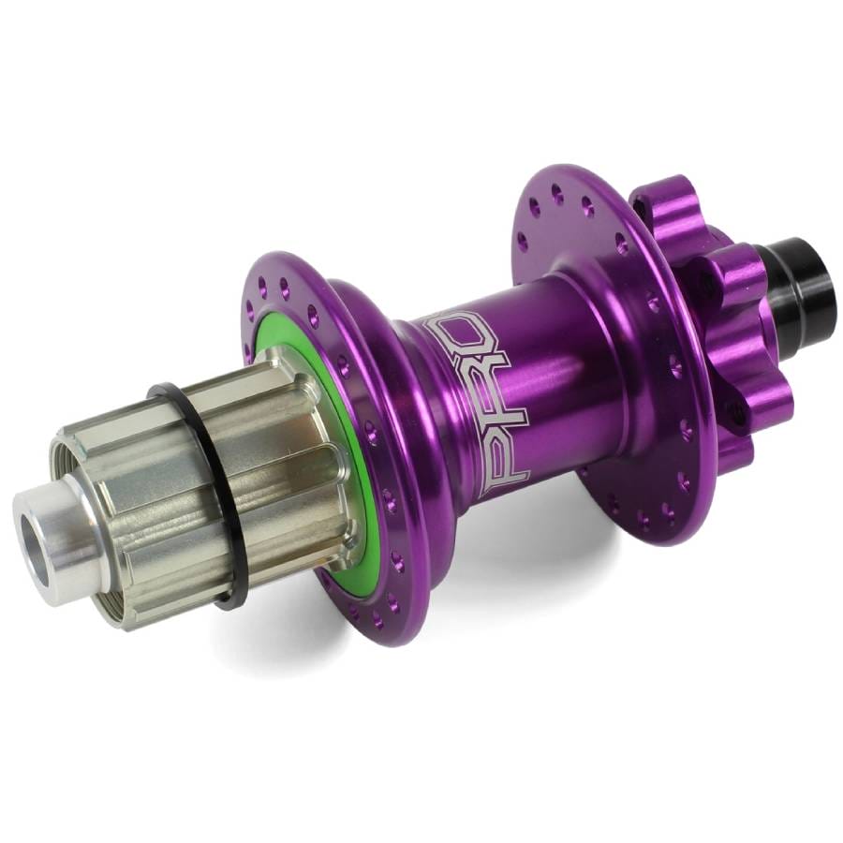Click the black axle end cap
pos(794,279)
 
